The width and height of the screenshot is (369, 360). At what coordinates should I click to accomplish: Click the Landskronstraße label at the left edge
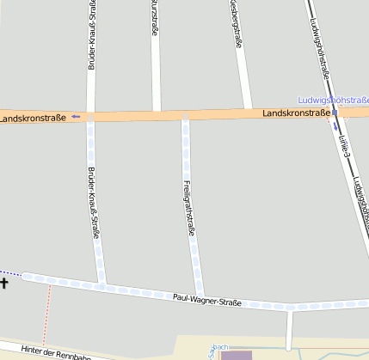click(33, 117)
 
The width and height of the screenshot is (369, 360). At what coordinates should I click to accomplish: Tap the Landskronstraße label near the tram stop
click(296, 113)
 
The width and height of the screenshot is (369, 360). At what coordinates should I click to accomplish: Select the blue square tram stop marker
click(335, 112)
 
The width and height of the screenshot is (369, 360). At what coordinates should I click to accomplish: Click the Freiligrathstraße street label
click(189, 207)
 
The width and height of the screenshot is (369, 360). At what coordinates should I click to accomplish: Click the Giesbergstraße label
click(235, 17)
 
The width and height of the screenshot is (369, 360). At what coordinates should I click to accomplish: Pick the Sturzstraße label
click(154, 17)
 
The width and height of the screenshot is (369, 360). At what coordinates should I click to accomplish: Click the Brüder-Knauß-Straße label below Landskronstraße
click(95, 202)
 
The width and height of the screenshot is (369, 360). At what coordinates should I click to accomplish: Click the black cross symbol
click(4, 282)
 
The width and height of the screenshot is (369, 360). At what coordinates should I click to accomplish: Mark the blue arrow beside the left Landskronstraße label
click(76, 116)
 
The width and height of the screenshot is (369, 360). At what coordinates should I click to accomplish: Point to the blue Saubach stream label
click(220, 348)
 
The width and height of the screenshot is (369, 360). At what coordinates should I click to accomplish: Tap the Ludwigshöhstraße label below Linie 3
click(360, 198)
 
